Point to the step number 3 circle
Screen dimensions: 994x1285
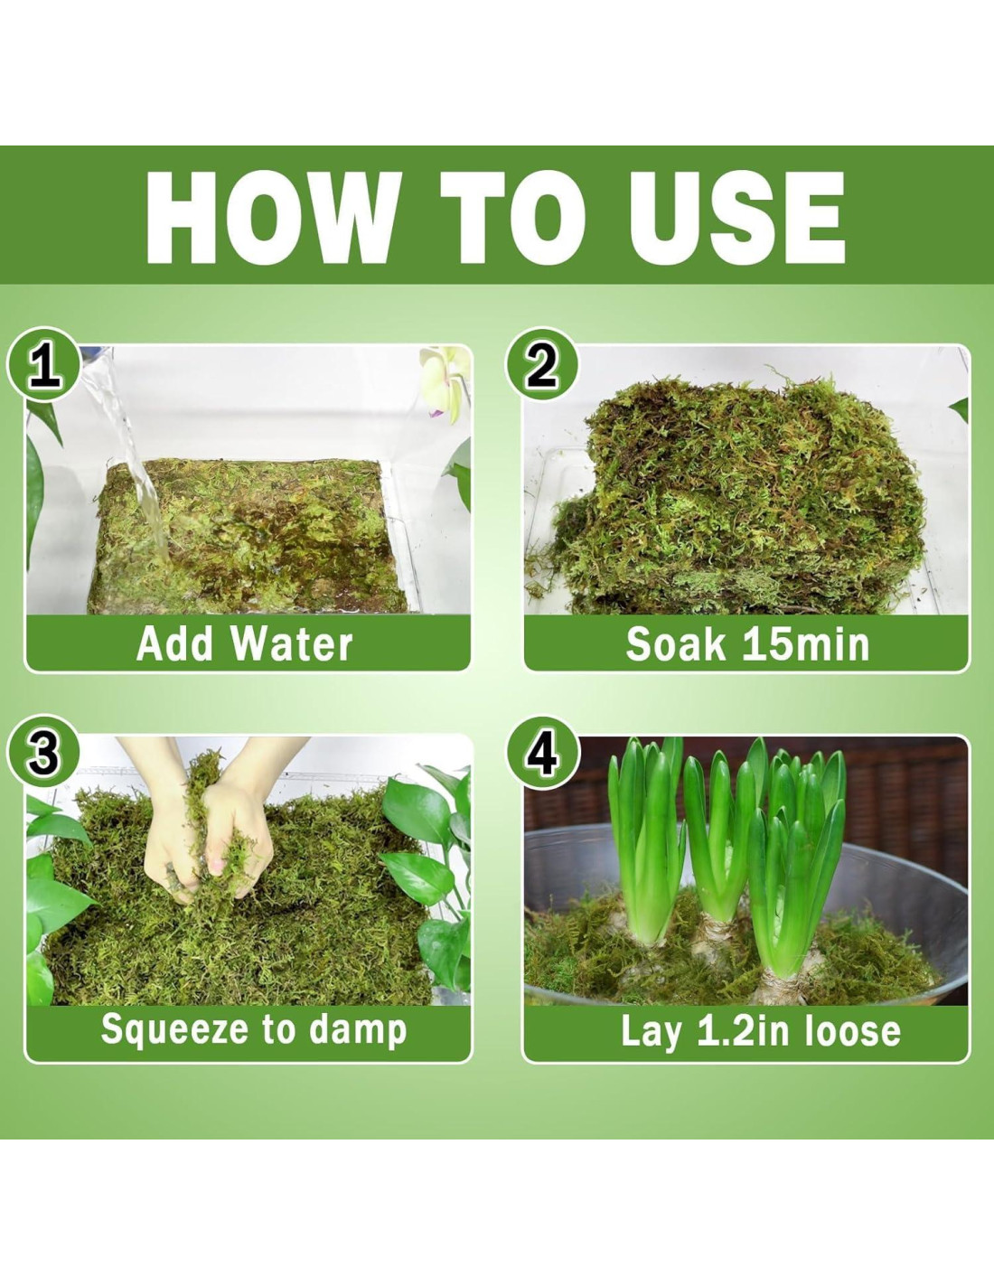click(43, 752)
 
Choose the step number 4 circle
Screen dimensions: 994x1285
click(541, 752)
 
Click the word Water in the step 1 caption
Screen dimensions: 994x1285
click(292, 643)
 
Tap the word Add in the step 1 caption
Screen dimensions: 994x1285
click(174, 643)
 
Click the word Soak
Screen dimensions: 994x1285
click(675, 643)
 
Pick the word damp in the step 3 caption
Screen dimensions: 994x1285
click(358, 1029)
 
